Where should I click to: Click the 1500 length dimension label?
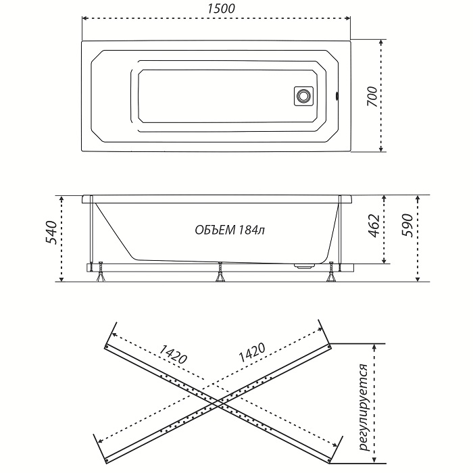pyautogui.click(x=221, y=8)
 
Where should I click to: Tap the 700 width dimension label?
pyautogui.click(x=372, y=97)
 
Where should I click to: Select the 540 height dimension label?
pyautogui.click(x=51, y=232)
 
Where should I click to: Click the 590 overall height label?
pyautogui.click(x=407, y=225)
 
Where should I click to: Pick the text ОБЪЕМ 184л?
pyautogui.click(x=230, y=230)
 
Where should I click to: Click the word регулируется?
pyautogui.click(x=365, y=407)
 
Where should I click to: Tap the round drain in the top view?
pyautogui.click(x=303, y=96)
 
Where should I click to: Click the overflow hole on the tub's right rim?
pyautogui.click(x=337, y=97)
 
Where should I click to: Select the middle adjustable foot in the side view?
pyautogui.click(x=220, y=272)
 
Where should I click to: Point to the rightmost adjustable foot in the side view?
pyautogui.click(x=331, y=272)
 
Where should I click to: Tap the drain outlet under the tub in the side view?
pyautogui.click(x=305, y=266)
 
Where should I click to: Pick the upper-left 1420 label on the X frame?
pyautogui.click(x=173, y=354)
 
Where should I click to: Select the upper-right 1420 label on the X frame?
pyautogui.click(x=252, y=353)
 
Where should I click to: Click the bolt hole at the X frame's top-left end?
pyautogui.click(x=107, y=347)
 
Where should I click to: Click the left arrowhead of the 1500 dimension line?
pyautogui.click(x=84, y=18)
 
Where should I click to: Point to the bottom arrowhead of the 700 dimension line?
pyautogui.click(x=381, y=149)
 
